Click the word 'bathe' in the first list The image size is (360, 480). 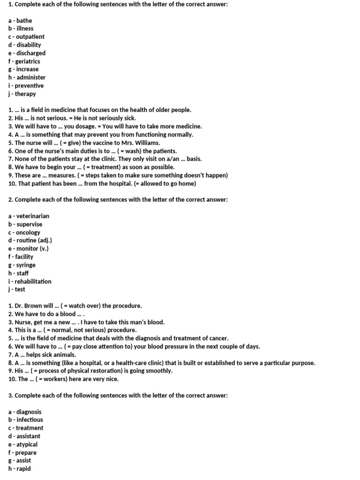coord(24,21)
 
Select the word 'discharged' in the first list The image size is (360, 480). coord(30,53)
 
